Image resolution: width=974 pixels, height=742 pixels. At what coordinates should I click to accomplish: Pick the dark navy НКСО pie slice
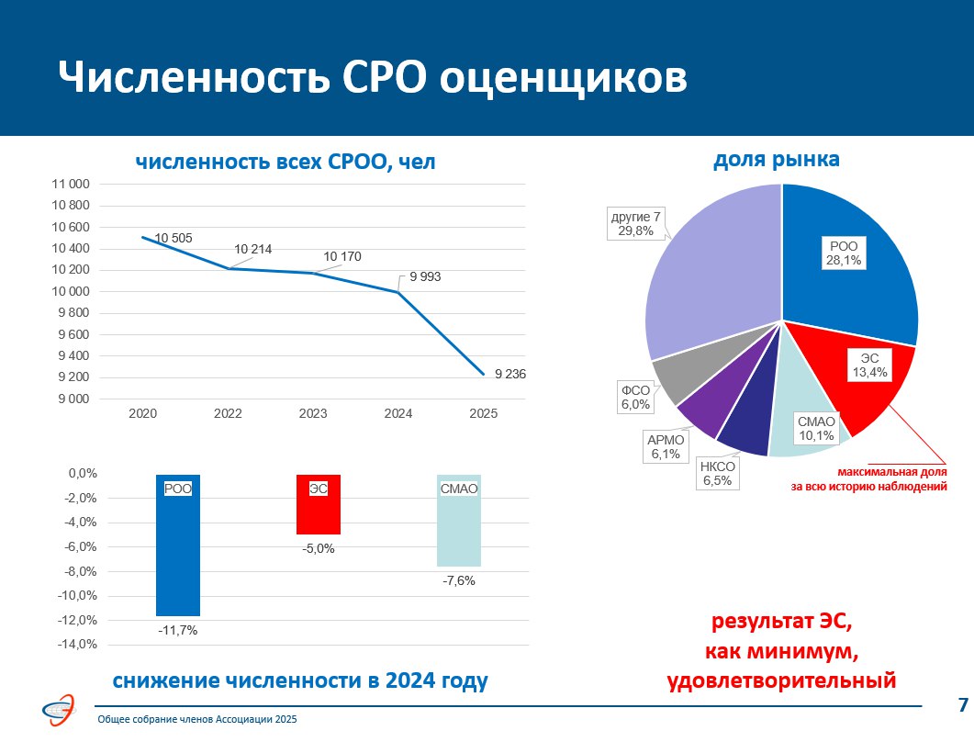[745, 432]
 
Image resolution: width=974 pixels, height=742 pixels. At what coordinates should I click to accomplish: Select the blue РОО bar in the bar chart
[178, 551]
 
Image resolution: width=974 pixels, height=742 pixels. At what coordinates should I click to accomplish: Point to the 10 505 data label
[173, 239]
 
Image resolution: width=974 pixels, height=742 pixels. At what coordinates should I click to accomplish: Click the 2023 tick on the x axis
[313, 414]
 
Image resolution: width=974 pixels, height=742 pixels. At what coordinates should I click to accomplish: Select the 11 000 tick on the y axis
[71, 185]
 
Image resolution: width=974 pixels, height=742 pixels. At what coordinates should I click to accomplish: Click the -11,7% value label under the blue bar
[177, 631]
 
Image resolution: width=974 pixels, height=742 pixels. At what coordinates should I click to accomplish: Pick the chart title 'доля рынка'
[777, 159]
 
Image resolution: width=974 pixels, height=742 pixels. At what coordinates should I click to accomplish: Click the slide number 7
[962, 705]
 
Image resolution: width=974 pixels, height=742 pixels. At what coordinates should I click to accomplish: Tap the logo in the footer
[63, 709]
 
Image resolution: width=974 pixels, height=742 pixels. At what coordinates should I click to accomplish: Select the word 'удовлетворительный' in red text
[780, 680]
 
